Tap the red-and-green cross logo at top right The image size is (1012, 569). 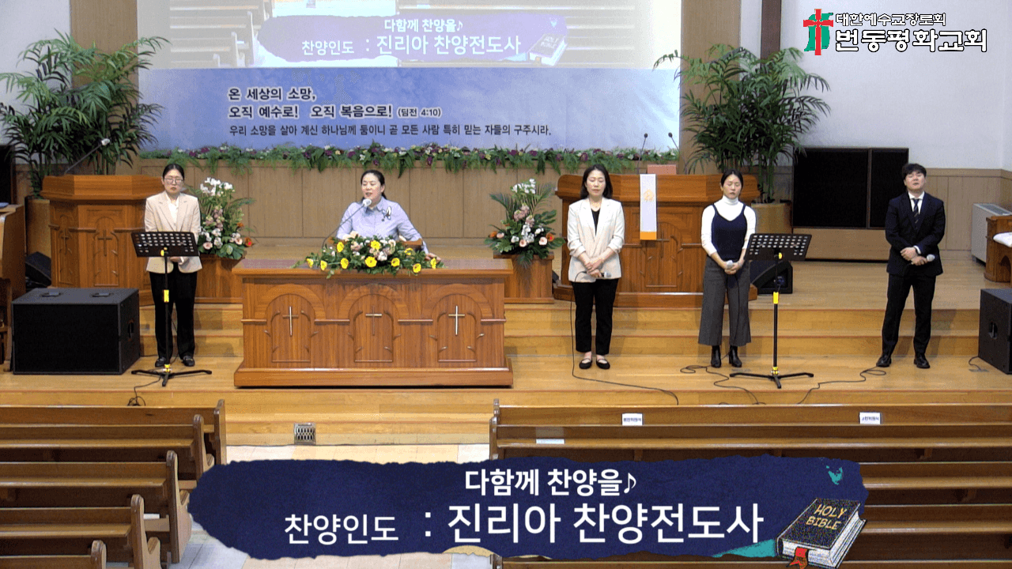pyautogui.click(x=818, y=31)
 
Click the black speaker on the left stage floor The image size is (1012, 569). pyautogui.click(x=76, y=330)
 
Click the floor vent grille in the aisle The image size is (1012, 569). pyautogui.click(x=304, y=433)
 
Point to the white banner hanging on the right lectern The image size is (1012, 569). pyautogui.click(x=648, y=206)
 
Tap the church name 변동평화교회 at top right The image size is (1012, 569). pyautogui.click(x=911, y=40)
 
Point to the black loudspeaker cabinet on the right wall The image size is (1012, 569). pyautogui.click(x=850, y=187)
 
